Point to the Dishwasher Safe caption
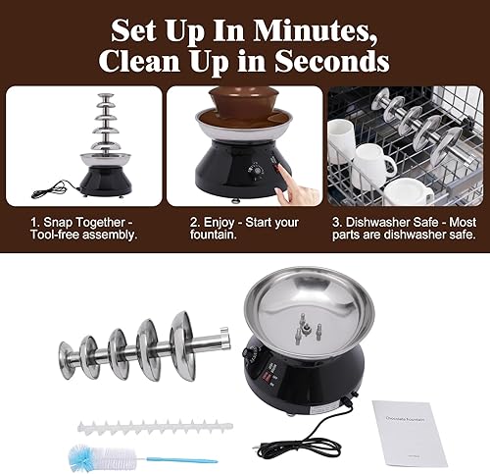tap(404, 223)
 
